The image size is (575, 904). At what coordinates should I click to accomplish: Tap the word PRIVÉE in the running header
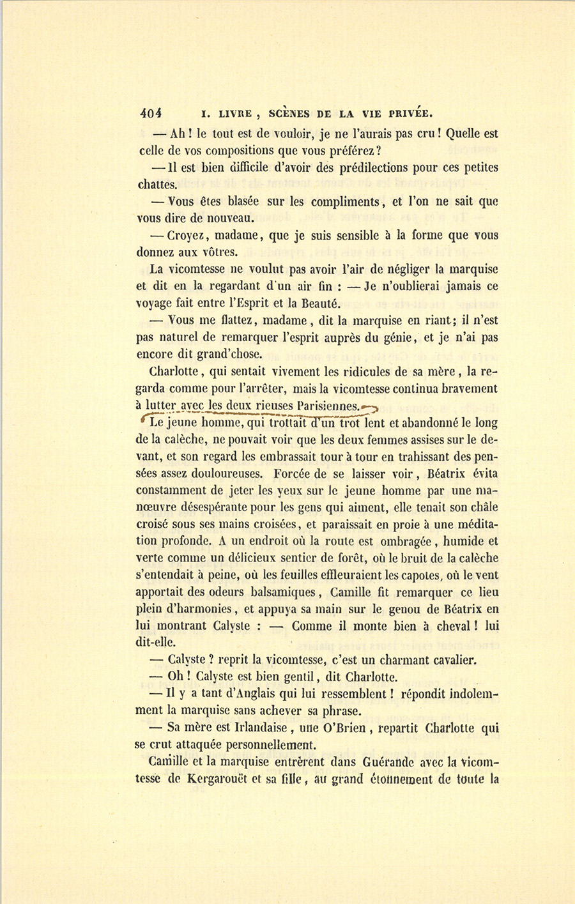406,115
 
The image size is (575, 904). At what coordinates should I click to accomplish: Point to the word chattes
157,185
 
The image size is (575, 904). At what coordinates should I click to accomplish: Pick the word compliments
346,202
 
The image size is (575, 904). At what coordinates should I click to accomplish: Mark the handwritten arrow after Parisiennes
370,406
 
